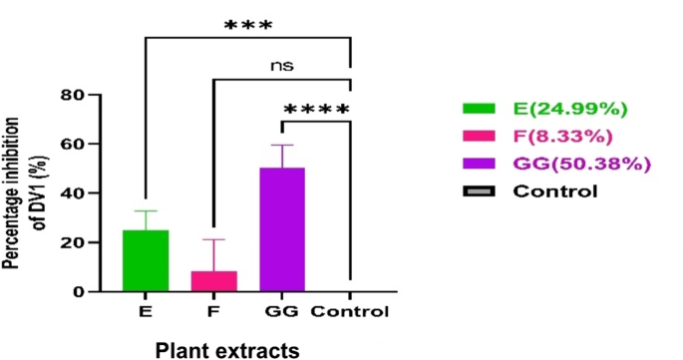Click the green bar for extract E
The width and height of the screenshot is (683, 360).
[147, 260]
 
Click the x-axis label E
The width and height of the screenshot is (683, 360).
[147, 312]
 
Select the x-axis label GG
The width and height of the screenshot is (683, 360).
[282, 312]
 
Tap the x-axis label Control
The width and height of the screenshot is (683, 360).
[348, 312]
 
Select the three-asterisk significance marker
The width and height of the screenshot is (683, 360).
[249, 24]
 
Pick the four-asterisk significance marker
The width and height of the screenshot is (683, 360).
[317, 109]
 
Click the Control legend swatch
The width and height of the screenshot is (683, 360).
[478, 189]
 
